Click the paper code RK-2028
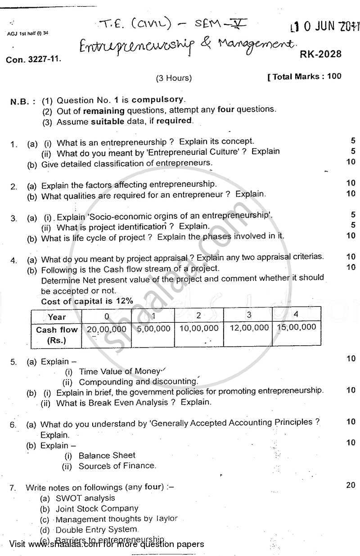(x=320, y=54)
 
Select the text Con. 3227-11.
(x=34, y=59)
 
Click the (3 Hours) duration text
(x=174, y=78)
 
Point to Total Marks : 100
(x=305, y=76)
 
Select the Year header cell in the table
(x=56, y=317)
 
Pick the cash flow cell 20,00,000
(x=107, y=329)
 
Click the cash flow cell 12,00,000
(x=249, y=328)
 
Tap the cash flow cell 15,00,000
(x=296, y=327)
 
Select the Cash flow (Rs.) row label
(x=57, y=335)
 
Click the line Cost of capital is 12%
(x=87, y=301)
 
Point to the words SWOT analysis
(x=85, y=498)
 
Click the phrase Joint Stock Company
(x=97, y=509)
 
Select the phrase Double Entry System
(x=96, y=529)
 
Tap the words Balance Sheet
(x=107, y=455)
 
